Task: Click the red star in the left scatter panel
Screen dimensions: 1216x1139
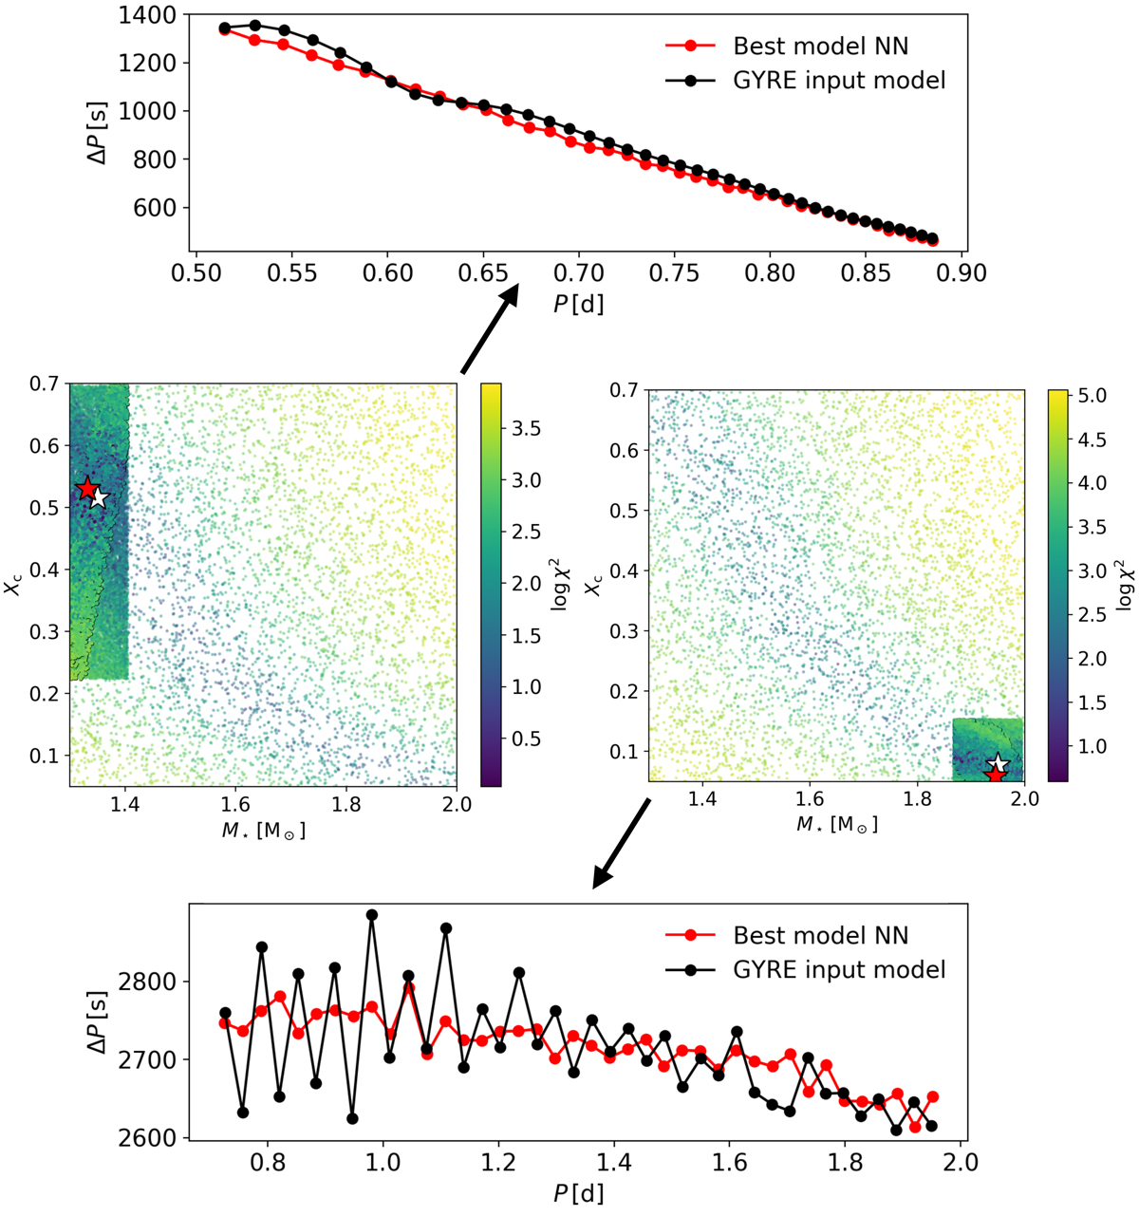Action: coord(87,489)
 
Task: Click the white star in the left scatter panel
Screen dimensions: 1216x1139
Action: coord(99,498)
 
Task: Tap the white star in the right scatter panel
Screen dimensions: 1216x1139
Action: coord(998,764)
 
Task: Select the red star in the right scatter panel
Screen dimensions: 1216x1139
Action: coord(994,776)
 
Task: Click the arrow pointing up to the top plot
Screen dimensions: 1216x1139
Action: coord(490,328)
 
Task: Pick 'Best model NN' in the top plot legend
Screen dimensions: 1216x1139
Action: coord(820,46)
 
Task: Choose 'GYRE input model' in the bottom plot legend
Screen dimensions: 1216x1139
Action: coord(839,969)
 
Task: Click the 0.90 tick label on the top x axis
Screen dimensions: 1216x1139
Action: coord(962,274)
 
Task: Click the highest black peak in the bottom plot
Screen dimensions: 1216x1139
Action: coord(372,915)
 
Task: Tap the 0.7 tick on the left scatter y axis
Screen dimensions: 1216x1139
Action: coord(44,384)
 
